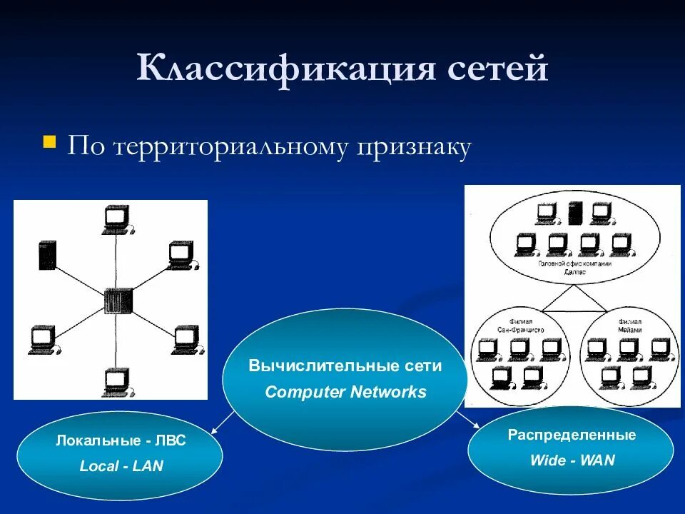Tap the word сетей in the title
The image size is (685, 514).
click(499, 70)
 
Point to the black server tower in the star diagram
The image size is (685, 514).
click(47, 255)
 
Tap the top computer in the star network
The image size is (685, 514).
click(116, 218)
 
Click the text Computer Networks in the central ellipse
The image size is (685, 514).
click(345, 392)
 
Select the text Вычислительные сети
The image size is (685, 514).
click(345, 366)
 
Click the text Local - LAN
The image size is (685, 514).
click(121, 466)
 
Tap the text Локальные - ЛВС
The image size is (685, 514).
click(121, 440)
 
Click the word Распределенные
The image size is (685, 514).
click(572, 435)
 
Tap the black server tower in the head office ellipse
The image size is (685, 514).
click(574, 213)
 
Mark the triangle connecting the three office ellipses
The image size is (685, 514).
click(574, 301)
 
